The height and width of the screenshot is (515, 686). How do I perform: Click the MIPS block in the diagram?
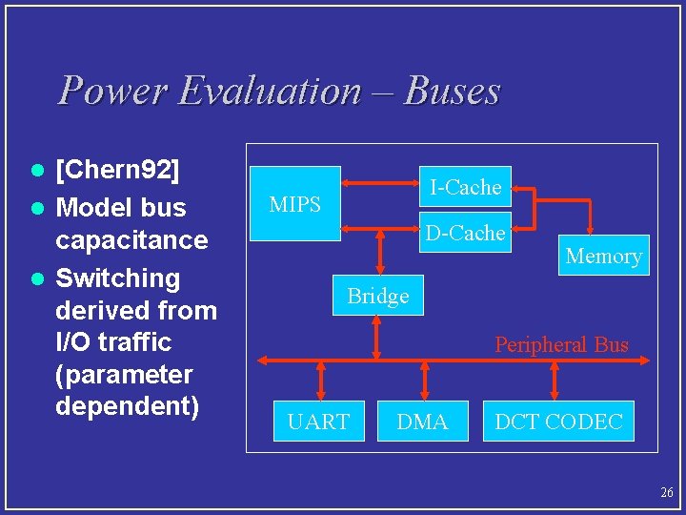click(x=294, y=204)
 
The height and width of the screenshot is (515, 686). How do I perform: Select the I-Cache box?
click(x=465, y=187)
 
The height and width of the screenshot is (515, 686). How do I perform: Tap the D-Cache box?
click(x=465, y=233)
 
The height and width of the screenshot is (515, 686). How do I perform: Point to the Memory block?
click(x=603, y=256)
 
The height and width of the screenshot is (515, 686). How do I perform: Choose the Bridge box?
click(x=378, y=296)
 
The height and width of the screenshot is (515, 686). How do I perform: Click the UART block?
click(x=318, y=422)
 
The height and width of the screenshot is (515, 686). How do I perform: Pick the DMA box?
click(x=422, y=422)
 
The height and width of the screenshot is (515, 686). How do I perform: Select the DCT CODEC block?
click(x=558, y=422)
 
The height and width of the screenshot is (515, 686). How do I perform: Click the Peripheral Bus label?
click(x=561, y=344)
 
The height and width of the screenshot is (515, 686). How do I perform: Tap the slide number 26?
click(x=666, y=492)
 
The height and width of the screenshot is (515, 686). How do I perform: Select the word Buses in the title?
click(x=452, y=91)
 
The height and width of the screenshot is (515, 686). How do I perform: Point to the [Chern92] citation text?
click(x=117, y=172)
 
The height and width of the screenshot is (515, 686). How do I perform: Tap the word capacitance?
click(x=131, y=239)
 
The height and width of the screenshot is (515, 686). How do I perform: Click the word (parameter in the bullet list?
click(x=124, y=374)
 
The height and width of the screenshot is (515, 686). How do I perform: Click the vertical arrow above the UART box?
click(x=321, y=381)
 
